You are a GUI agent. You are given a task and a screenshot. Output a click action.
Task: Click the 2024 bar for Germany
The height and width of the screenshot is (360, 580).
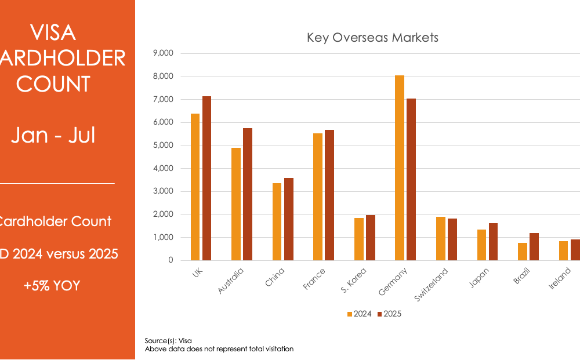tap(399, 168)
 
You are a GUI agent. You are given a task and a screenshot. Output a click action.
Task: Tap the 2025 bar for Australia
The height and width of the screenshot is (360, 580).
tap(248, 194)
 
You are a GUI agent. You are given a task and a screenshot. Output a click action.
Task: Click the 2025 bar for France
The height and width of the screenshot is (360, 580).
tap(329, 195)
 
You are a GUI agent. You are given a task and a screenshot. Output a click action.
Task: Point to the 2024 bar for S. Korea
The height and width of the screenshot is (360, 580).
tap(358, 239)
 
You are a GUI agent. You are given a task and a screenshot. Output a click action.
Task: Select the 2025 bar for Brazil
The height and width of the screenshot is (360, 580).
tap(534, 247)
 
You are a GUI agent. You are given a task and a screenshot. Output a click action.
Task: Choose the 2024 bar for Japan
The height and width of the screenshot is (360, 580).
tap(481, 245)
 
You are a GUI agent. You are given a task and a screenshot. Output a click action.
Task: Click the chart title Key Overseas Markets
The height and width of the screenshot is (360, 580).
tap(372, 38)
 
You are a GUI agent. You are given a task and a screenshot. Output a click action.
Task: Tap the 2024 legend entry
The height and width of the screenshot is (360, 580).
tap(359, 314)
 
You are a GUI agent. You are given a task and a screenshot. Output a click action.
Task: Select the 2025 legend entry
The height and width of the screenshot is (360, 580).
tap(389, 314)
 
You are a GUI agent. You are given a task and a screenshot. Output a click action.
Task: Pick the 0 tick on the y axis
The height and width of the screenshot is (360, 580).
tap(171, 260)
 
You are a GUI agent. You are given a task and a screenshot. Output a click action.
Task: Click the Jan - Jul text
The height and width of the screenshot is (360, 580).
tap(53, 135)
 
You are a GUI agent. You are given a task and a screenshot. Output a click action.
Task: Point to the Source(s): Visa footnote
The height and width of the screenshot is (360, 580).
tap(168, 341)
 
